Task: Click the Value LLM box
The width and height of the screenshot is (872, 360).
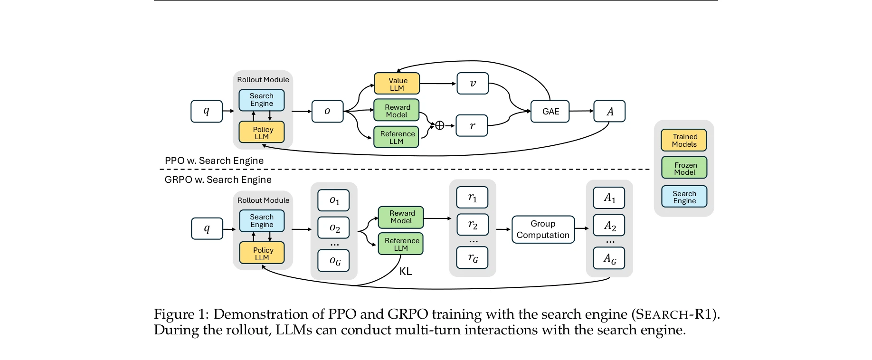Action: pos(397,84)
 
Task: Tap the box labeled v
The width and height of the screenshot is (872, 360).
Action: pos(472,83)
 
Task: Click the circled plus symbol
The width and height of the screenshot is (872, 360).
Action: pos(440,125)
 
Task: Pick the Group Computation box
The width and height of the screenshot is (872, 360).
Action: pos(543,229)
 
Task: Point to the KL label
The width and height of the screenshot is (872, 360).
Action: pos(406,271)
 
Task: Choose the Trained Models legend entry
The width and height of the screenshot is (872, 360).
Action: pos(684,140)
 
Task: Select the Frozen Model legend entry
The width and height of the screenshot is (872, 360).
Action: pos(684,168)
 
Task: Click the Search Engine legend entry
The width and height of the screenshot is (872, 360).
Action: pos(684,197)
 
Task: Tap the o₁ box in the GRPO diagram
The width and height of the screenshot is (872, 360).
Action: pos(334,200)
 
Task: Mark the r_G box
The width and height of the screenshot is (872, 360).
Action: pos(472,258)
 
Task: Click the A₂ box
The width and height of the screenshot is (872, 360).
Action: pos(609,226)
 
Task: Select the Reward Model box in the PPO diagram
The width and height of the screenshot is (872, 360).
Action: pos(396,111)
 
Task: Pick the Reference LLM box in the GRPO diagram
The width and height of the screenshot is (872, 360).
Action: pos(400,244)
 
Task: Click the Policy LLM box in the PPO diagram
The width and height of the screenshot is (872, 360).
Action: pos(261,133)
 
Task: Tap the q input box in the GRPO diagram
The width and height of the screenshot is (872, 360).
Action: pos(207,228)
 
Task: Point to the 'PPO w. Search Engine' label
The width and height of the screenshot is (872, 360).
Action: pos(214,161)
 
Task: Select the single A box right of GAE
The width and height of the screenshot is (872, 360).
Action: pos(609,111)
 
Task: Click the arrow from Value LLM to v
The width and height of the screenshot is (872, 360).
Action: pos(438,84)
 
